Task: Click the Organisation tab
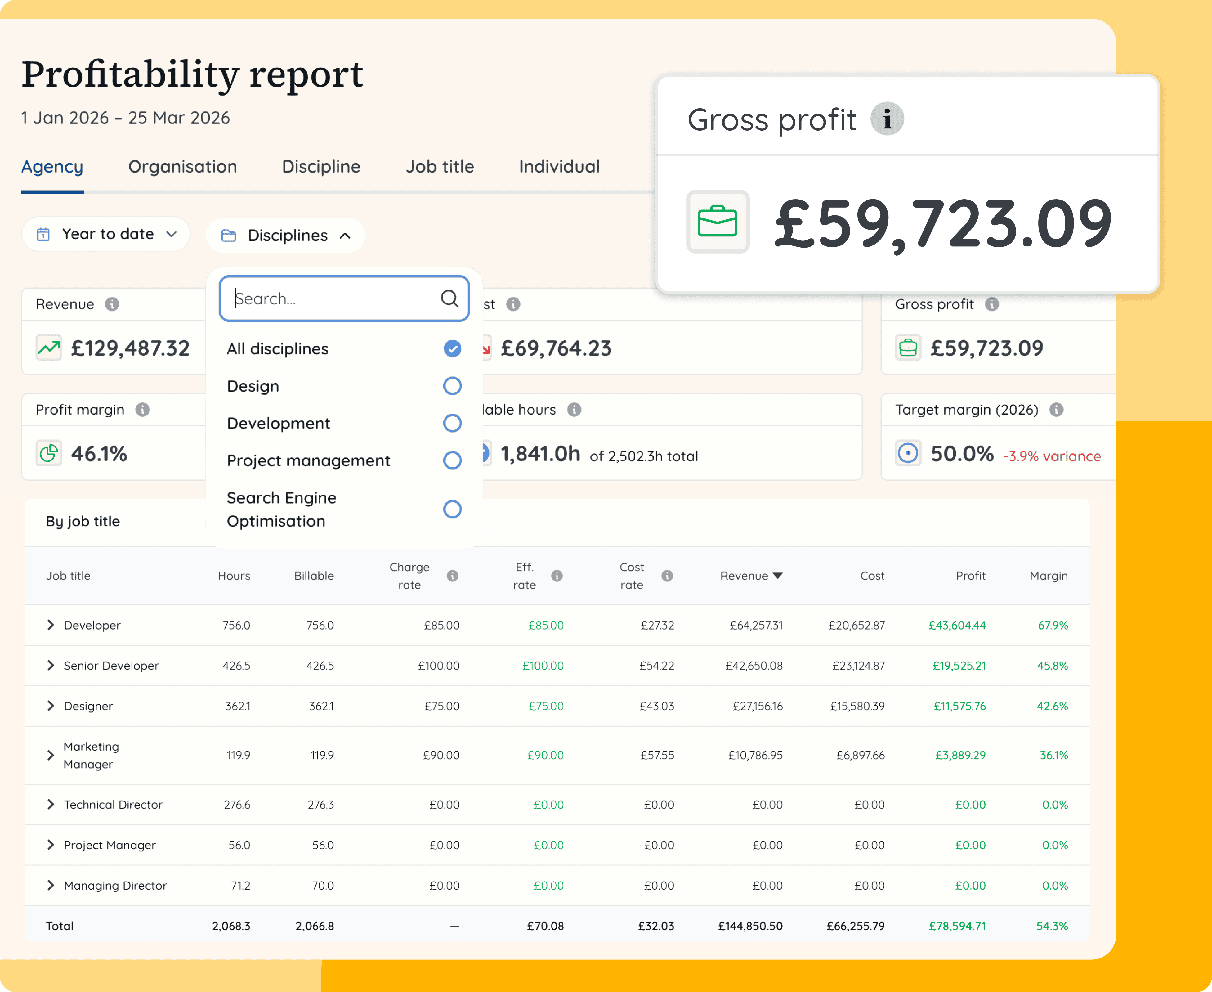coord(182,167)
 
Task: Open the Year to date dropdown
coord(106,234)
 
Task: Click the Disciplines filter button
coord(286,236)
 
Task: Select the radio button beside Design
coord(452,386)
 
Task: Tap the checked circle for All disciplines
coord(452,348)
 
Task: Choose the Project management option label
coord(308,460)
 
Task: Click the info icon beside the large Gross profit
coord(887,119)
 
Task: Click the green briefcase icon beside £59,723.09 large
coord(718,222)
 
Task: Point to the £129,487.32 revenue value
coord(130,348)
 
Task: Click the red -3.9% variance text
coord(1052,456)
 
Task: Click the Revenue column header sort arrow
coord(777,576)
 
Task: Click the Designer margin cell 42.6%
coord(1052,706)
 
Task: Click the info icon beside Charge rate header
coord(452,576)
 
